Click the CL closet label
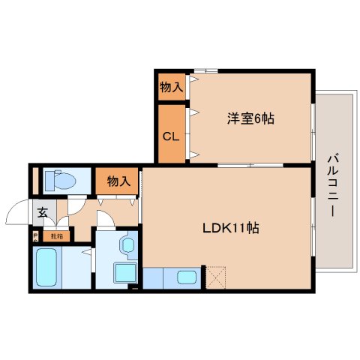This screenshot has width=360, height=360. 170,136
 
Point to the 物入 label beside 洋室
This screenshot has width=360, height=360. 171,88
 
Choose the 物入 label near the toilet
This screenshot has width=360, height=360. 118,181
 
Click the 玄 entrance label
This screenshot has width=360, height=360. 43,212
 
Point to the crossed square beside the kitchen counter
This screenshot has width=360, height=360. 215,277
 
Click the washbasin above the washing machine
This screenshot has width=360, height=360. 125,244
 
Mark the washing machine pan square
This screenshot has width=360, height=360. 124,271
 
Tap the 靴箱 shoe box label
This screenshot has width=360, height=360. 57,236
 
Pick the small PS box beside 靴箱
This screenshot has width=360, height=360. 35,236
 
